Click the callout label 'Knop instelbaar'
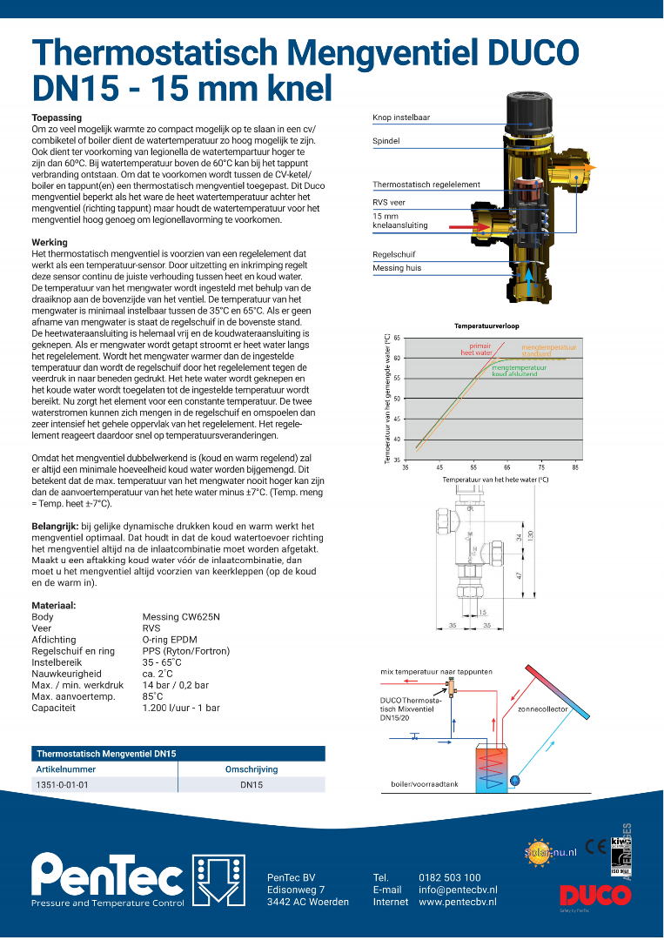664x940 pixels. [x=401, y=117]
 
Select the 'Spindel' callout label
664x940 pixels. [x=386, y=140]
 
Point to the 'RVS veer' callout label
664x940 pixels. [x=389, y=202]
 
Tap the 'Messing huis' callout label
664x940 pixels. [x=396, y=268]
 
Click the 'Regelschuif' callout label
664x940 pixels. [x=392, y=254]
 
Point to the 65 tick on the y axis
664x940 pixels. [x=397, y=338]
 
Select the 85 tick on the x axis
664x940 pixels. [x=575, y=467]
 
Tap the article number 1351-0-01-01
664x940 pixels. [x=62, y=784]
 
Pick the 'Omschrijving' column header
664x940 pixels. [x=252, y=769]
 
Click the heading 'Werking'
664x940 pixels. [x=50, y=243]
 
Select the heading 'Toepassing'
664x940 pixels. [x=57, y=117]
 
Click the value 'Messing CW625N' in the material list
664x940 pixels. [x=181, y=617]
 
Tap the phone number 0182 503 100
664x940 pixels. [x=449, y=877]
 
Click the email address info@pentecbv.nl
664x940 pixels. [x=458, y=890]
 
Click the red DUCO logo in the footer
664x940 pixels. [x=588, y=895]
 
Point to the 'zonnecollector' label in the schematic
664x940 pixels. [x=542, y=709]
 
